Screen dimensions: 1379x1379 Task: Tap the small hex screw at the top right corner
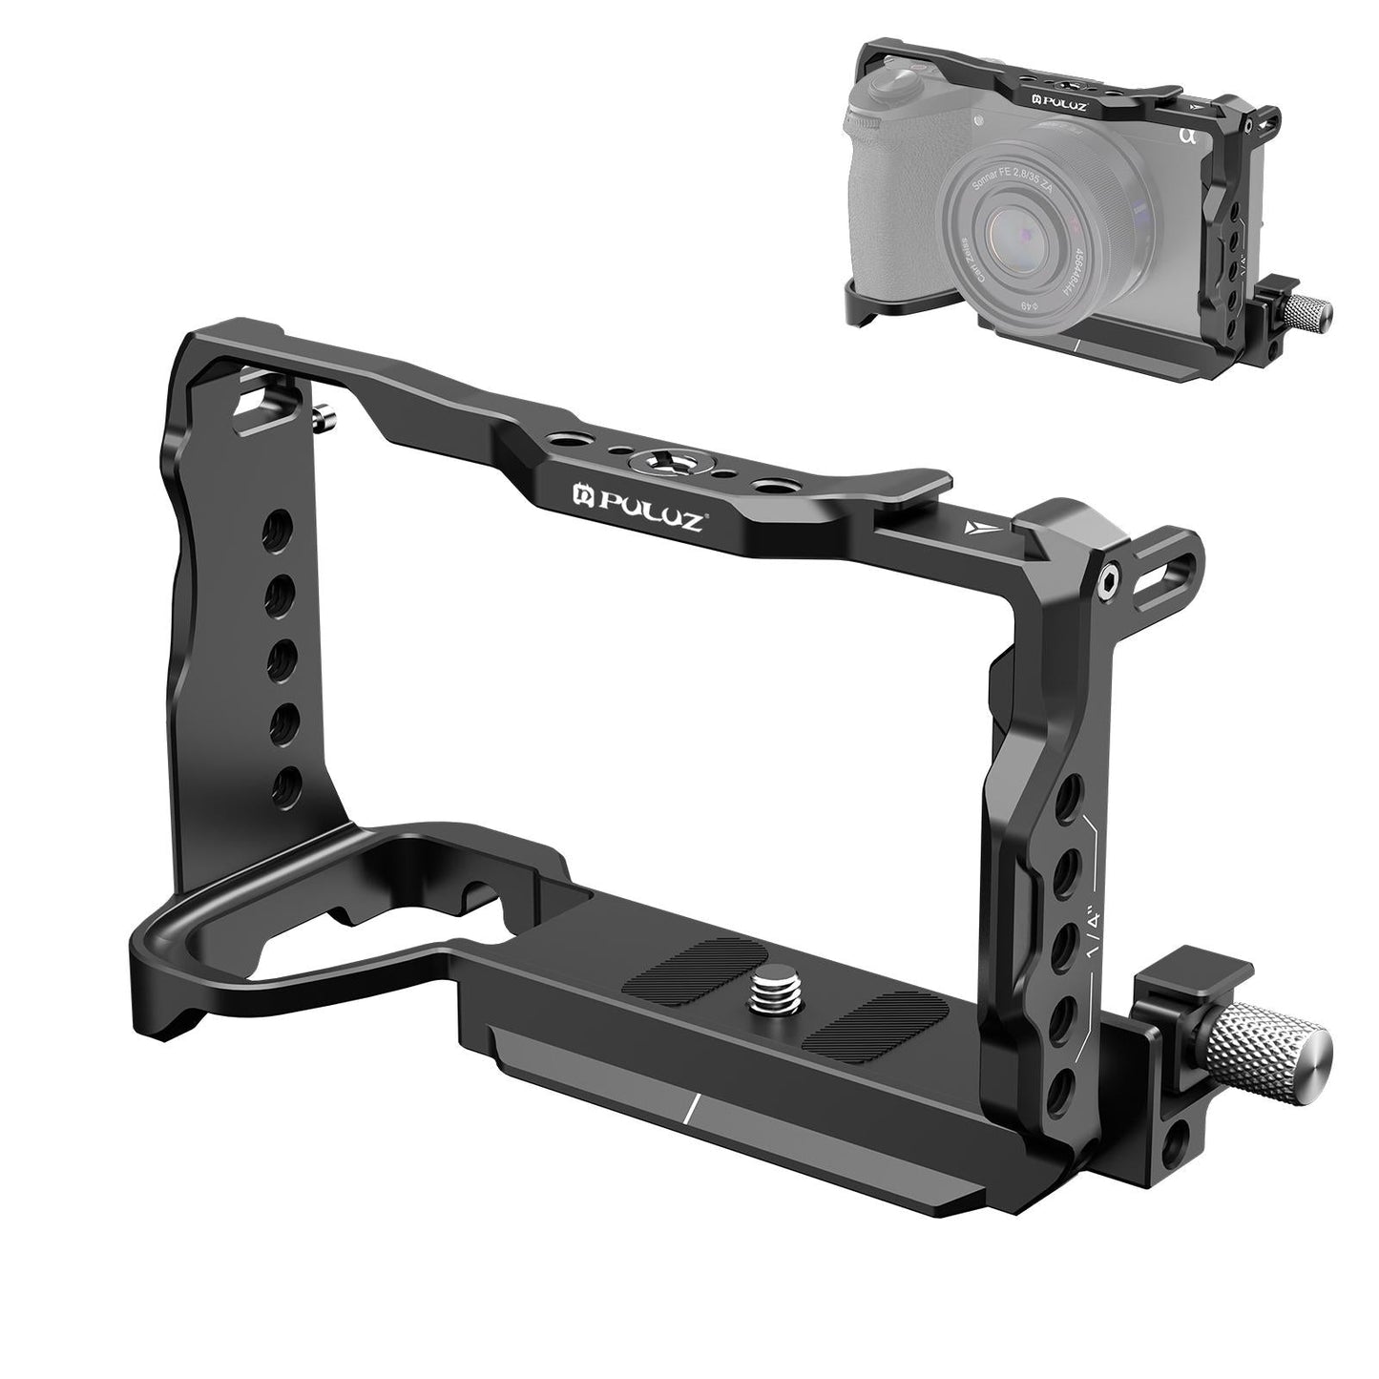[1108, 577]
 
